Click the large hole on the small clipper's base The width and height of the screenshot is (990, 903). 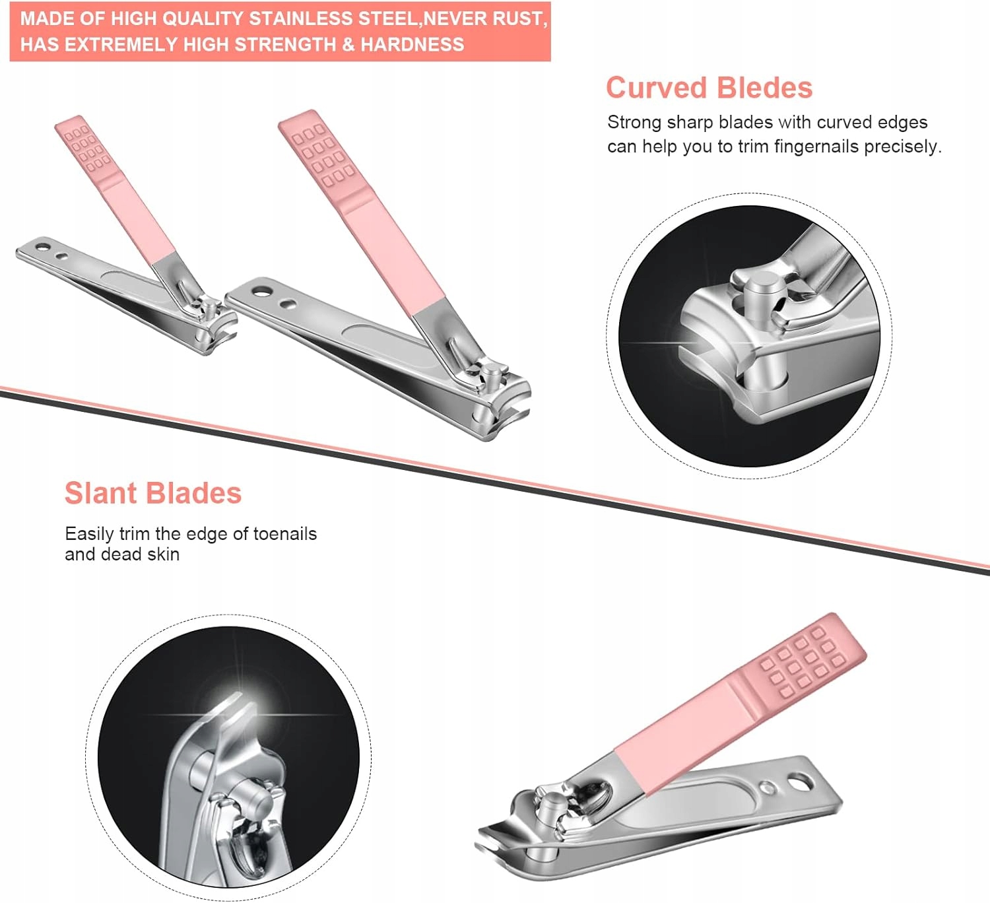[x=42, y=248]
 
